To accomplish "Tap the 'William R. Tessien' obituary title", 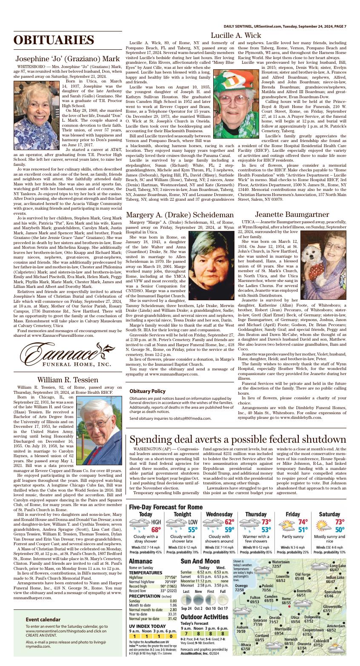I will [x=68, y=380].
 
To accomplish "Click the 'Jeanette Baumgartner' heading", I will [x=291, y=215].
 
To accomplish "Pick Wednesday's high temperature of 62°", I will [x=229, y=522].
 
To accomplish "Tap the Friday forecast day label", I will [x=292, y=514].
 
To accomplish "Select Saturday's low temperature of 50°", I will [x=339, y=530].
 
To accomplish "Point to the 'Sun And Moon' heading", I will [x=200, y=561].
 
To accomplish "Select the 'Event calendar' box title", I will [x=43, y=619].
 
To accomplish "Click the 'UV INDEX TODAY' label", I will [x=147, y=626].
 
